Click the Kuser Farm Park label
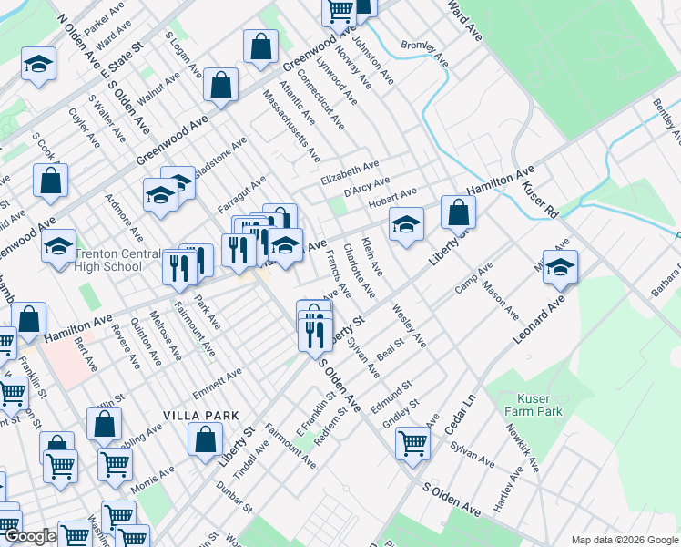tap(540, 405)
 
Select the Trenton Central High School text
tap(109, 261)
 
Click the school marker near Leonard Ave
tap(560, 266)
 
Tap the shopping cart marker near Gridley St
tap(412, 444)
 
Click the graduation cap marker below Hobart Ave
tap(406, 223)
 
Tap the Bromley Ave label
tap(425, 55)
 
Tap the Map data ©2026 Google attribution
tap(624, 539)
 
